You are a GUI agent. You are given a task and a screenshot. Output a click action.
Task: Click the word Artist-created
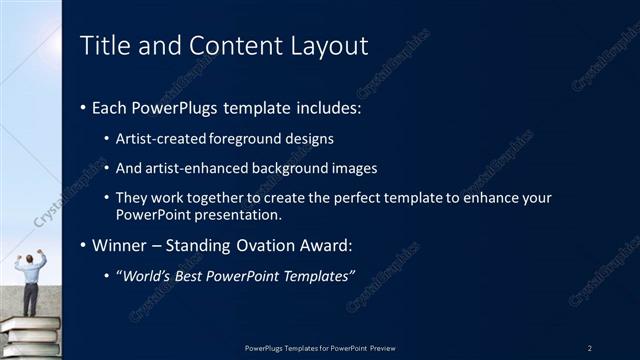158,138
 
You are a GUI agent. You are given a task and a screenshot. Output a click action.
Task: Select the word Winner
118,245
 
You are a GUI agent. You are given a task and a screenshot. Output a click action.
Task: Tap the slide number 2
589,347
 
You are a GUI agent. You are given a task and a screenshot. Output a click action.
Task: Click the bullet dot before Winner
83,246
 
